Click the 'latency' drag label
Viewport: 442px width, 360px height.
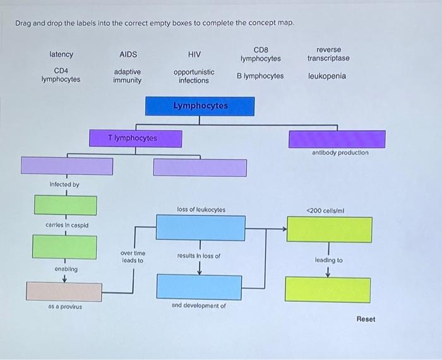61,55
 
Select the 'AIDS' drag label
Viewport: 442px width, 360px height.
128,55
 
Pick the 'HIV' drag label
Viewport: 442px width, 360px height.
194,55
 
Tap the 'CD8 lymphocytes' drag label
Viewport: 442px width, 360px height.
260,54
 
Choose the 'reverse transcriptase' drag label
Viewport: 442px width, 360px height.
328,54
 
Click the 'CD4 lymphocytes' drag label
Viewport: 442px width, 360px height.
61,75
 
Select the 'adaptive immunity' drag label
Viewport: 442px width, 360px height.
128,76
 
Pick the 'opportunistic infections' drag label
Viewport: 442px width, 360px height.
194,76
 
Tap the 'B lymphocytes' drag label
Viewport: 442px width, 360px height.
260,76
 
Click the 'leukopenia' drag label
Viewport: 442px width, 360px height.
327,76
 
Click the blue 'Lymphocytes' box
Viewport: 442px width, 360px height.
200,106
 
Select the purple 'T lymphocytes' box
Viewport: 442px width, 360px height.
136,138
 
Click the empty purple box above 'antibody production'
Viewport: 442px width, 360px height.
337,139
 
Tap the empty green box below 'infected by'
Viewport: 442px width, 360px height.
66,205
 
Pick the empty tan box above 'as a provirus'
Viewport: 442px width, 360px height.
64,291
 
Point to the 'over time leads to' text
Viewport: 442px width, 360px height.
132,256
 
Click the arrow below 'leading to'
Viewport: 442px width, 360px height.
328,273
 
